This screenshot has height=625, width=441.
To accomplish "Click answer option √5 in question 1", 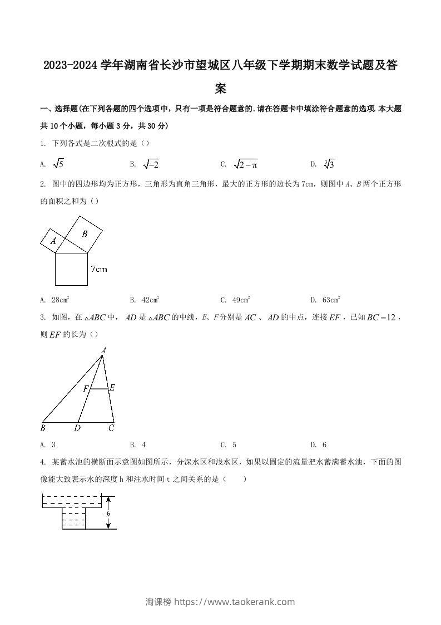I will [x=58, y=164].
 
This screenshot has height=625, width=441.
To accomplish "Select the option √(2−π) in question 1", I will [x=245, y=164].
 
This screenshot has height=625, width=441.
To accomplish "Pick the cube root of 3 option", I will [x=329, y=164].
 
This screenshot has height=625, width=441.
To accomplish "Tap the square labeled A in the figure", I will [x=53, y=241].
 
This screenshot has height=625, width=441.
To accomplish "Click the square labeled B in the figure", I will [x=85, y=234].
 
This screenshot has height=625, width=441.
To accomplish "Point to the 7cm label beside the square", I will [x=98, y=269].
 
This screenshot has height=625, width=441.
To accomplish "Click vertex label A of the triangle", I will [x=103, y=350].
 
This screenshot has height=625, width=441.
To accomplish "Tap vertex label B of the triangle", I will [x=43, y=428].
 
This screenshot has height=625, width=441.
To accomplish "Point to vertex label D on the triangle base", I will [x=77, y=428].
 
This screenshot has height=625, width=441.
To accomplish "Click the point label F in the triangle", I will [x=86, y=389].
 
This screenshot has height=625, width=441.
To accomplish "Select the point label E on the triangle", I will [x=112, y=387].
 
